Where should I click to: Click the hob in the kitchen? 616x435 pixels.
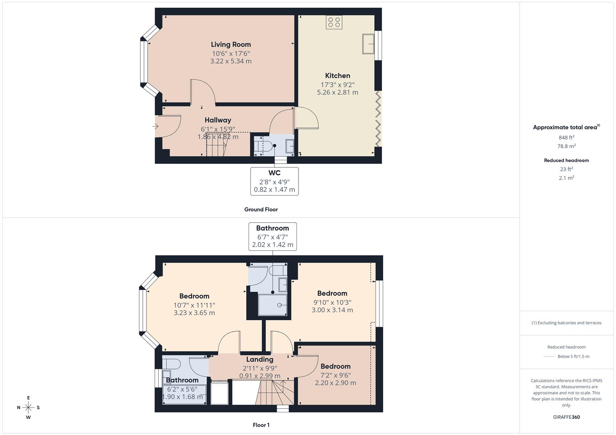click(334, 22)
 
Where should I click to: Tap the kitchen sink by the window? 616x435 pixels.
click(368, 43)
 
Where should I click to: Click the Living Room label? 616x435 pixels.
click(231, 44)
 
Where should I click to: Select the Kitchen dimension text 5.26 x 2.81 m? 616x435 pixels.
click(337, 92)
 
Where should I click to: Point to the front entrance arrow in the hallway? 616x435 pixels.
click(156, 126)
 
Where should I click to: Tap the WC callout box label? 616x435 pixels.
click(274, 173)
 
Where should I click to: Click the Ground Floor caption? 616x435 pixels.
click(261, 209)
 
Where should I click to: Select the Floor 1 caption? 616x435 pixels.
click(261, 425)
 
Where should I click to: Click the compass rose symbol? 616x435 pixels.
click(28, 408)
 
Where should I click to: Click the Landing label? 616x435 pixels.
click(260, 359)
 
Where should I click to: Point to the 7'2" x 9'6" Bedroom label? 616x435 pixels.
click(335, 367)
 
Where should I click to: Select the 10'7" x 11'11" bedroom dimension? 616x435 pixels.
click(194, 305)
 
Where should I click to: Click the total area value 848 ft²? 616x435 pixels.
click(566, 137)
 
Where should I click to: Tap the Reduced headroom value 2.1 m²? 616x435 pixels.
click(566, 178)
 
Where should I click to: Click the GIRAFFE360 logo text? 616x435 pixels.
click(566, 417)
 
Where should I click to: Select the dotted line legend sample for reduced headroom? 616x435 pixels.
click(549, 356)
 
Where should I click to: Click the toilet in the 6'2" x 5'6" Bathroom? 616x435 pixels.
click(172, 363)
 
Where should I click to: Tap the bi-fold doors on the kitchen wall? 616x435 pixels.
click(378, 119)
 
